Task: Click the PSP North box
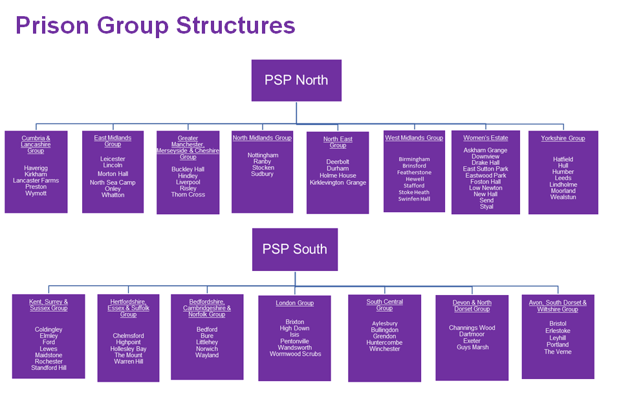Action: (296, 80)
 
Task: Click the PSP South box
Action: (294, 249)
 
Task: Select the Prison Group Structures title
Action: (155, 25)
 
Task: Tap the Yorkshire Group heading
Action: (563, 138)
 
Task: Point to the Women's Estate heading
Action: (486, 138)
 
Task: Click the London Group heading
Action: (294, 303)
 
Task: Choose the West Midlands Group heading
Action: (414, 138)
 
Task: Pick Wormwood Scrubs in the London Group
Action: (295, 354)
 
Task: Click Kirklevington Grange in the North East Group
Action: (338, 182)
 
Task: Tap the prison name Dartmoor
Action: (472, 334)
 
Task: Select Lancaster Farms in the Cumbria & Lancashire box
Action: (36, 180)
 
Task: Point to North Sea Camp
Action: (113, 182)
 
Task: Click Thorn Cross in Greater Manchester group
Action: (188, 195)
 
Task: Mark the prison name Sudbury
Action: (262, 174)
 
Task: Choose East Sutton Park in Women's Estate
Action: (486, 169)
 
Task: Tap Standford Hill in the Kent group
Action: (49, 368)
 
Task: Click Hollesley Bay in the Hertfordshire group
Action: (128, 349)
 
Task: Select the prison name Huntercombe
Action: (384, 342)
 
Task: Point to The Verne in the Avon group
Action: (558, 352)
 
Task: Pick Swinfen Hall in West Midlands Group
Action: (414, 199)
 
